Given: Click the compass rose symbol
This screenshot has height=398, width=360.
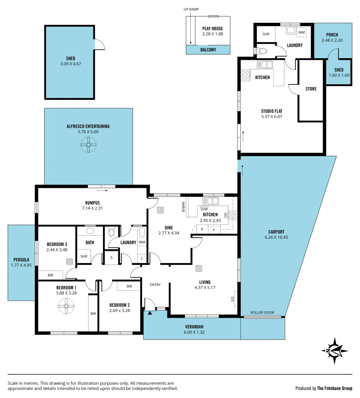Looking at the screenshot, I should [x=334, y=350].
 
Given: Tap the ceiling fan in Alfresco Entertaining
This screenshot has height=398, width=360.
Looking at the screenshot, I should [x=89, y=144].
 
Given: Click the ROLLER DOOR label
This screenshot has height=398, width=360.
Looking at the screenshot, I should [x=262, y=313].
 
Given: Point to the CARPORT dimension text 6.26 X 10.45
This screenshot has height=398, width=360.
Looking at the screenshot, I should [x=276, y=237].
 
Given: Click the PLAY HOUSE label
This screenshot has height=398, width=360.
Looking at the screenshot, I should [x=212, y=28].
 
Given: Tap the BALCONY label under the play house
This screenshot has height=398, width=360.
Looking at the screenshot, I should [x=208, y=50].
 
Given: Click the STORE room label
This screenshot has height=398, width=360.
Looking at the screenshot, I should [x=311, y=89].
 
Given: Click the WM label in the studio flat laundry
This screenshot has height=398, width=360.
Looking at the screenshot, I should [x=301, y=32].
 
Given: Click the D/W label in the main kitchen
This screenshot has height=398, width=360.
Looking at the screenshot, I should [x=204, y=209].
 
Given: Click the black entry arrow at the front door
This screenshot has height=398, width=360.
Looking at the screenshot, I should [x=150, y=313].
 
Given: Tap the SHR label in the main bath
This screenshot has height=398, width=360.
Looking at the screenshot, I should [x=84, y=256].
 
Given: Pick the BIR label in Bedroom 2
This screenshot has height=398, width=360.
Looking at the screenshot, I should [x=129, y=286].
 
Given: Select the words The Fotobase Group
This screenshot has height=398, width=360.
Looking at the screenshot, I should [x=335, y=388].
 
